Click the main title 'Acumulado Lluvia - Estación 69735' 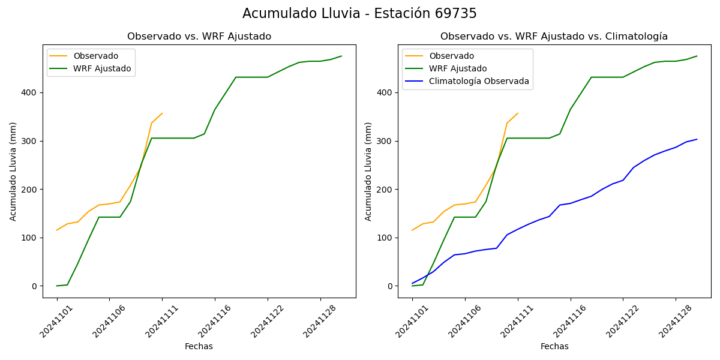click(359, 14)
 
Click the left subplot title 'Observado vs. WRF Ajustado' click(199, 37)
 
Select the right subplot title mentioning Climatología click(554, 37)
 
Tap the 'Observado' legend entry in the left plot click(95, 56)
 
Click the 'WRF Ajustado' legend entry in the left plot click(102, 68)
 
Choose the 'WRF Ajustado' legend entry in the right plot click(458, 68)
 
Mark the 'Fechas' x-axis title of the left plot click(199, 346)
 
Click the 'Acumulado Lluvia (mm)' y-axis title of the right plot click(368, 171)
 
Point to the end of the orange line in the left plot click(162, 113)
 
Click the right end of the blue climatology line click(697, 139)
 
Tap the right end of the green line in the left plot click(341, 56)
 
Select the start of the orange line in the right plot click(412, 230)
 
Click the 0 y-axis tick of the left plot click(35, 286)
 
